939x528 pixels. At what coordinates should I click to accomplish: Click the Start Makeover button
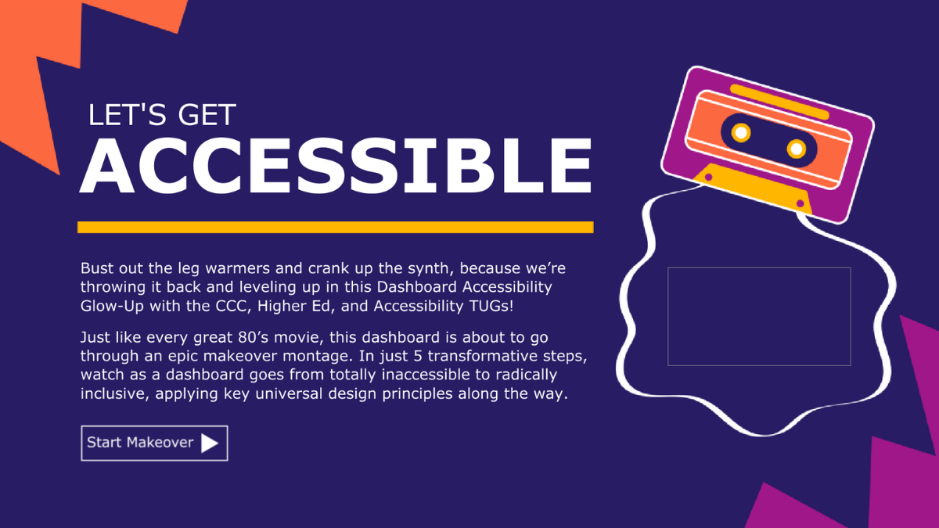coord(154,443)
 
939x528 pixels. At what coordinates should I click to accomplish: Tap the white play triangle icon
coord(209,443)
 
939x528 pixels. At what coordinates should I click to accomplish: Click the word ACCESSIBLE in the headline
coord(336,166)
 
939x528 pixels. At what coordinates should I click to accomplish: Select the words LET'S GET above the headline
coord(162,115)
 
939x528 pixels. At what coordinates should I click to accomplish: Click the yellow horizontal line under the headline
coord(336,227)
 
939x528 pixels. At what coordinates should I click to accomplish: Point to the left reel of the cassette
coord(741,132)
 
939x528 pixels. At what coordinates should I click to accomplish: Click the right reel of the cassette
coord(796,149)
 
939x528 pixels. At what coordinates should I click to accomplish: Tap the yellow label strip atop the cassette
coord(779,102)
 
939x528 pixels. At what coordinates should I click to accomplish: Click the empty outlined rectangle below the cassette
coord(759,268)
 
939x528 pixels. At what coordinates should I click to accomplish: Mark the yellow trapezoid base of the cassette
coord(752,189)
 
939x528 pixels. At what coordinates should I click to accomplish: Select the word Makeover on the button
coord(160,443)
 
